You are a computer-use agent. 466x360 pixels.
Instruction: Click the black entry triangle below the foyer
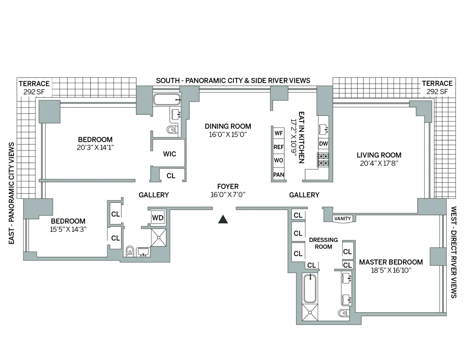coord(223,220)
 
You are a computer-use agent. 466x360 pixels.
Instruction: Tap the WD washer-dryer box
coord(158,218)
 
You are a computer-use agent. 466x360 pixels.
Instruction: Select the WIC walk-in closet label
coord(169,154)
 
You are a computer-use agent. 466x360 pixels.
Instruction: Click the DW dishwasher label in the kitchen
coord(323,144)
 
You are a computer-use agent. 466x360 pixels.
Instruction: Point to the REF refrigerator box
coord(278,147)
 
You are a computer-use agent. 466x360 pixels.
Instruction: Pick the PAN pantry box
coord(278,175)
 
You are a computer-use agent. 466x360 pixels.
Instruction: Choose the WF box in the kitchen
coord(278,133)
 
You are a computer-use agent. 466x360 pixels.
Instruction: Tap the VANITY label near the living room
coord(342,219)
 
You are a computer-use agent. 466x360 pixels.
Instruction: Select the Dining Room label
coord(228,126)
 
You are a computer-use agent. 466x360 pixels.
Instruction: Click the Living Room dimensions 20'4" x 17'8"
coord(379,163)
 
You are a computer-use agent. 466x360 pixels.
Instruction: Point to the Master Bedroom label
coord(391,262)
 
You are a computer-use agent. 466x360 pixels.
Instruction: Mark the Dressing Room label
coord(323,243)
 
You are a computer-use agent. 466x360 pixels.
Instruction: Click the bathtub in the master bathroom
coord(310,288)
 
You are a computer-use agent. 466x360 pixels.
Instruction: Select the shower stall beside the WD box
coord(159,237)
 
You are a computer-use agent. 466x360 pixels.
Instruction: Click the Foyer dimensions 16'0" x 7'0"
coord(228,195)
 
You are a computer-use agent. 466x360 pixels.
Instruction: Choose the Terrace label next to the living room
coord(437,83)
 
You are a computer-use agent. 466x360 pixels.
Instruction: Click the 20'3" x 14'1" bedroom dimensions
coord(95,148)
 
